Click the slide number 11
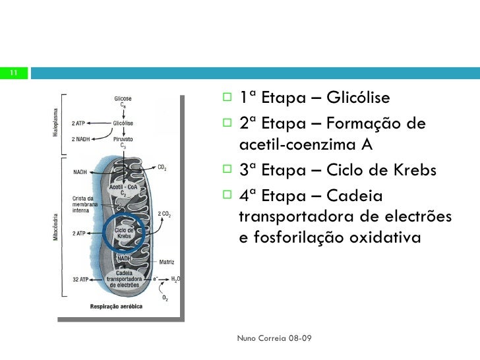(13, 73)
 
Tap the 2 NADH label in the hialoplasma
(80, 138)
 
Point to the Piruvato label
(123, 139)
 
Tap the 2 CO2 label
(165, 213)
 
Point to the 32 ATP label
(80, 279)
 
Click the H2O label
(175, 279)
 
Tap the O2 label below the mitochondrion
(165, 298)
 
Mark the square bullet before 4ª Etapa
(227, 195)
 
